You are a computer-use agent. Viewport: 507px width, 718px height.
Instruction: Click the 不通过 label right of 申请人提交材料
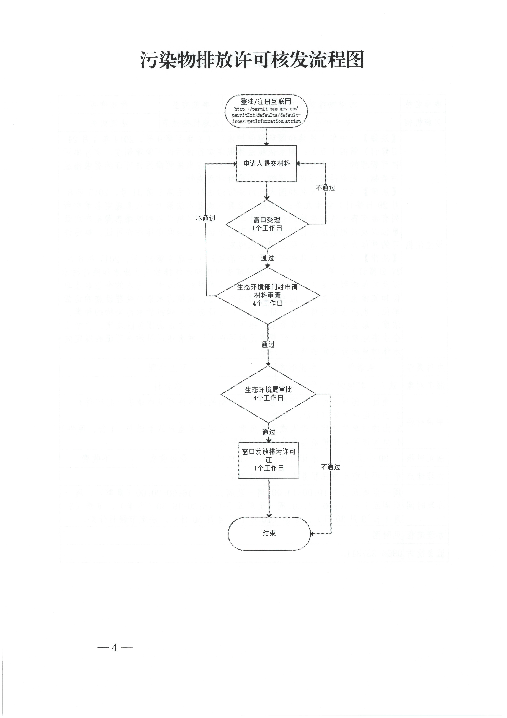(325, 188)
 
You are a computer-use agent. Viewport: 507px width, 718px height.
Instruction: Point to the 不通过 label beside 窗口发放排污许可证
(330, 467)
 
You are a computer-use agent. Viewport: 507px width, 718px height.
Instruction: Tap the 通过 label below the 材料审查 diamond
(268, 345)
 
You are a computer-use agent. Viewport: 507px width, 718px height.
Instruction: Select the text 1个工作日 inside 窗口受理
(267, 228)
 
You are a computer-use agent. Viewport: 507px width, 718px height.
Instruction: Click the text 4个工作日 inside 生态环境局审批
(268, 398)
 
